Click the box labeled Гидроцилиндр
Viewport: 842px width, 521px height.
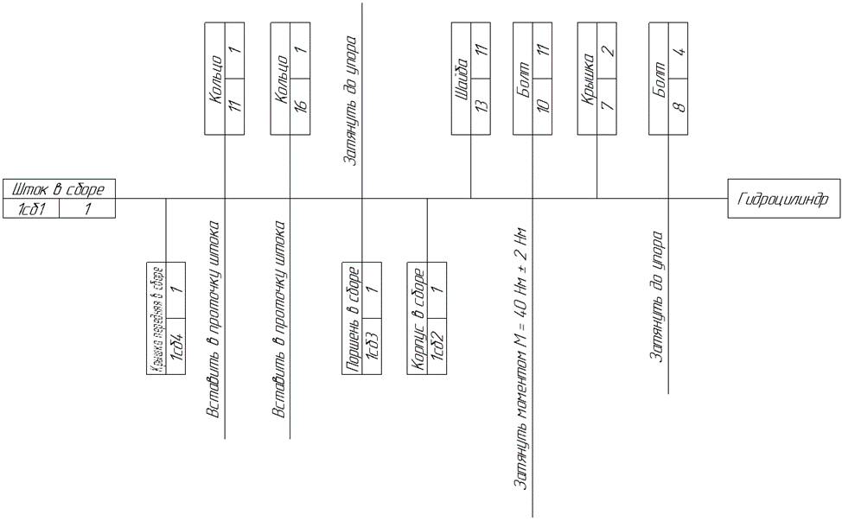[783, 200]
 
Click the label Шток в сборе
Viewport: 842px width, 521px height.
[58, 189]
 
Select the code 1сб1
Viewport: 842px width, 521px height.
[31, 209]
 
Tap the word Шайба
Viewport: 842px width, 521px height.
[461, 79]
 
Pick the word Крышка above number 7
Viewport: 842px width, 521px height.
[586, 79]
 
